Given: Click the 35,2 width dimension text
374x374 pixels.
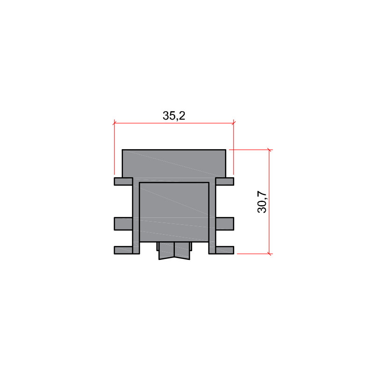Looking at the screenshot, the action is (x=174, y=115).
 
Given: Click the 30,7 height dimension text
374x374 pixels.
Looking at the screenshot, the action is (x=262, y=202).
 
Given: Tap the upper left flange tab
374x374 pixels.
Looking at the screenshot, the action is (x=123, y=181).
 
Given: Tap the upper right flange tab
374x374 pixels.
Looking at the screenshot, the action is (x=225, y=181).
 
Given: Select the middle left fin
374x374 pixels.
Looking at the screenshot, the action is (x=123, y=224).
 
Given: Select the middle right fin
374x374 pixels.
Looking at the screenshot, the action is (x=225, y=224).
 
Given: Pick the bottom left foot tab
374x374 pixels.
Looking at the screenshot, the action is (x=123, y=250).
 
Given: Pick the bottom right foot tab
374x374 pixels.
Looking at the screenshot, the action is (x=225, y=250).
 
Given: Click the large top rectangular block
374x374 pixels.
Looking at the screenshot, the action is (x=174, y=164).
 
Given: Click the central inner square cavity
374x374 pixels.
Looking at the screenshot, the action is (x=174, y=212).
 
